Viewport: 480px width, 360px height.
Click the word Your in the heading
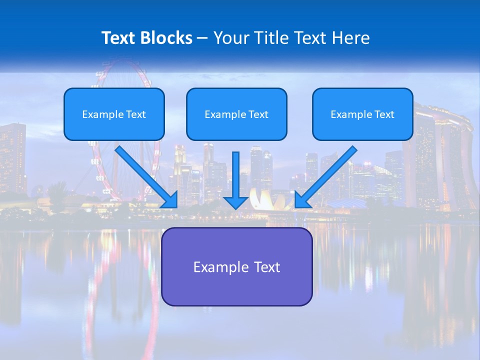[x=231, y=38]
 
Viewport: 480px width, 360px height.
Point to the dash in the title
[x=202, y=38]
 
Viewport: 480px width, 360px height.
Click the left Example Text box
[x=114, y=114]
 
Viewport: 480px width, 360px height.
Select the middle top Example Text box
[x=236, y=114]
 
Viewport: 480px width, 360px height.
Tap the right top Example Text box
[x=362, y=114]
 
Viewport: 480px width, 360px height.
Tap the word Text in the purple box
[x=267, y=267]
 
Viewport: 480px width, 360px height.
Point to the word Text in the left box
[x=135, y=114]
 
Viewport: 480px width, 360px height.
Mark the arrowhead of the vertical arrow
[x=236, y=201]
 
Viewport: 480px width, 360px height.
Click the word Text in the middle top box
[x=258, y=114]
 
